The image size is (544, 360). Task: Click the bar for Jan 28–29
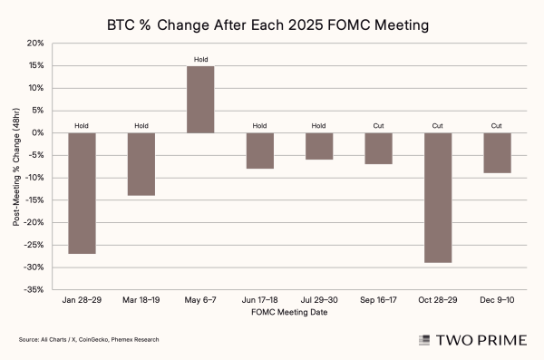coord(83,193)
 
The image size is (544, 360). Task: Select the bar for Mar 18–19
coord(141,164)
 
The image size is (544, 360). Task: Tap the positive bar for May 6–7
coord(201,100)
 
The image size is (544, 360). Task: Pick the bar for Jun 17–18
coord(260,151)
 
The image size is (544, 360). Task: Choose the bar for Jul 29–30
coord(319,146)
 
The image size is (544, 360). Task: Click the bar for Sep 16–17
coord(378,149)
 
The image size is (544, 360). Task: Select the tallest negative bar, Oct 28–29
coord(438,198)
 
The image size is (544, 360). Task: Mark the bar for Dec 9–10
coord(497,153)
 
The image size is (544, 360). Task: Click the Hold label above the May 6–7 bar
coord(201,60)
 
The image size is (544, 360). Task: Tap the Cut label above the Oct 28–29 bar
coord(438,126)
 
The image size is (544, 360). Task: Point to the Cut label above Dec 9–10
coord(497,126)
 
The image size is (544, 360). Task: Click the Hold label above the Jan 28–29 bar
coord(83,126)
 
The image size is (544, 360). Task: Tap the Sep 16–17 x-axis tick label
coord(378,298)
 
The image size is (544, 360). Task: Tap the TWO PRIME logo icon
coord(423,340)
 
